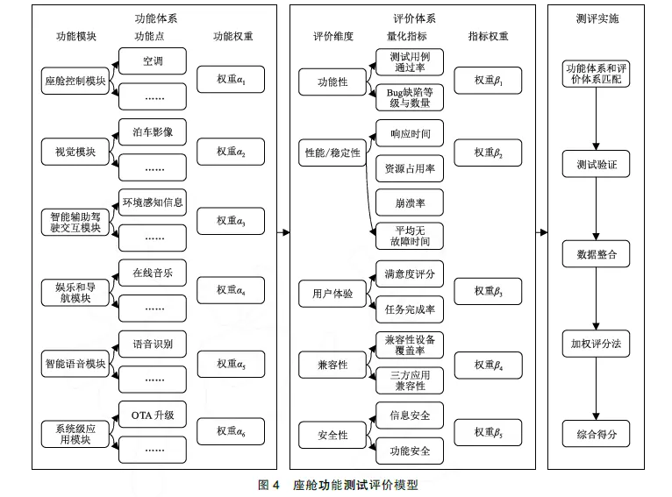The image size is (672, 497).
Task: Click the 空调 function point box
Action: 153,62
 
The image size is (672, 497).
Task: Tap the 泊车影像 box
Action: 153,133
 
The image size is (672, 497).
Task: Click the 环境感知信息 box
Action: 153,202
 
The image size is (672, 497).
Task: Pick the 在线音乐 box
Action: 153,273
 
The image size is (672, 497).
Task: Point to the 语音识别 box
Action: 153,344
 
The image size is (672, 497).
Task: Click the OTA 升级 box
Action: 153,415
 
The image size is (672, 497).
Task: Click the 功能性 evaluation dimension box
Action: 332,82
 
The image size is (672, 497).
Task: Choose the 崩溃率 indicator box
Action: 409,202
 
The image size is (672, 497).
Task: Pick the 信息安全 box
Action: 409,415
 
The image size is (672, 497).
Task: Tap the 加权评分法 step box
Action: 596,344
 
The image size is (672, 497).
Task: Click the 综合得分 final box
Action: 596,434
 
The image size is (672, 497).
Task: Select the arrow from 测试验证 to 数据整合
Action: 596,209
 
